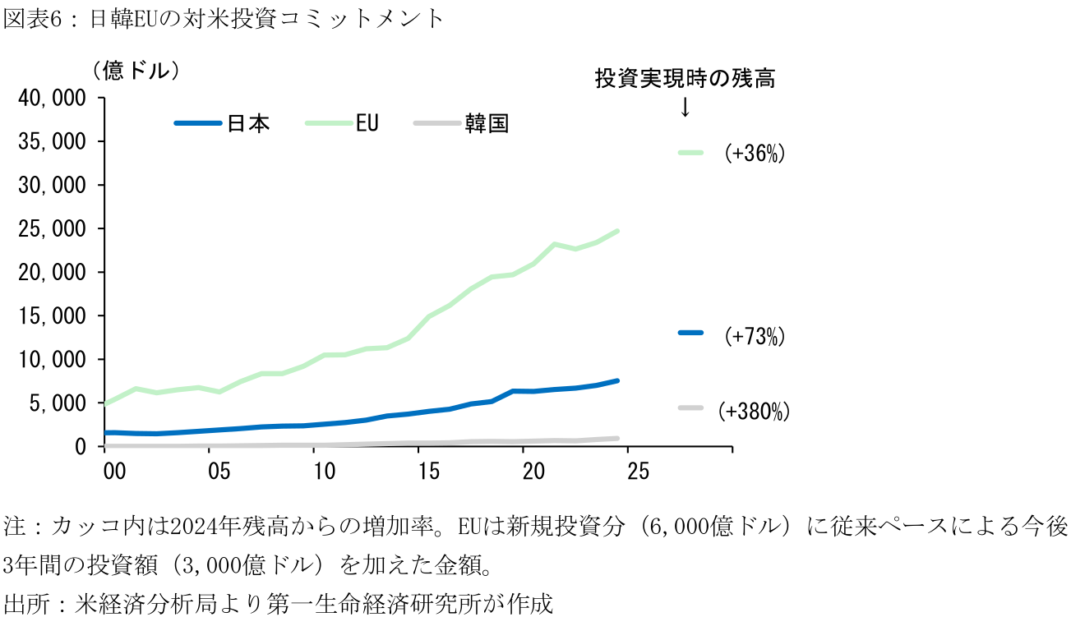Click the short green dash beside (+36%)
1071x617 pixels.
(x=690, y=152)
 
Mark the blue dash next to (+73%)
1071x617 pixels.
(x=690, y=333)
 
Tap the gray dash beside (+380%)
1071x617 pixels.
(x=690, y=407)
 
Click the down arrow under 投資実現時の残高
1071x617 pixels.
(x=685, y=108)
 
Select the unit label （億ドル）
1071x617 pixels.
(x=136, y=71)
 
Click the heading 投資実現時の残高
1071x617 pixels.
(x=685, y=79)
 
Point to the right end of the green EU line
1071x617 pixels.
(x=617, y=232)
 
